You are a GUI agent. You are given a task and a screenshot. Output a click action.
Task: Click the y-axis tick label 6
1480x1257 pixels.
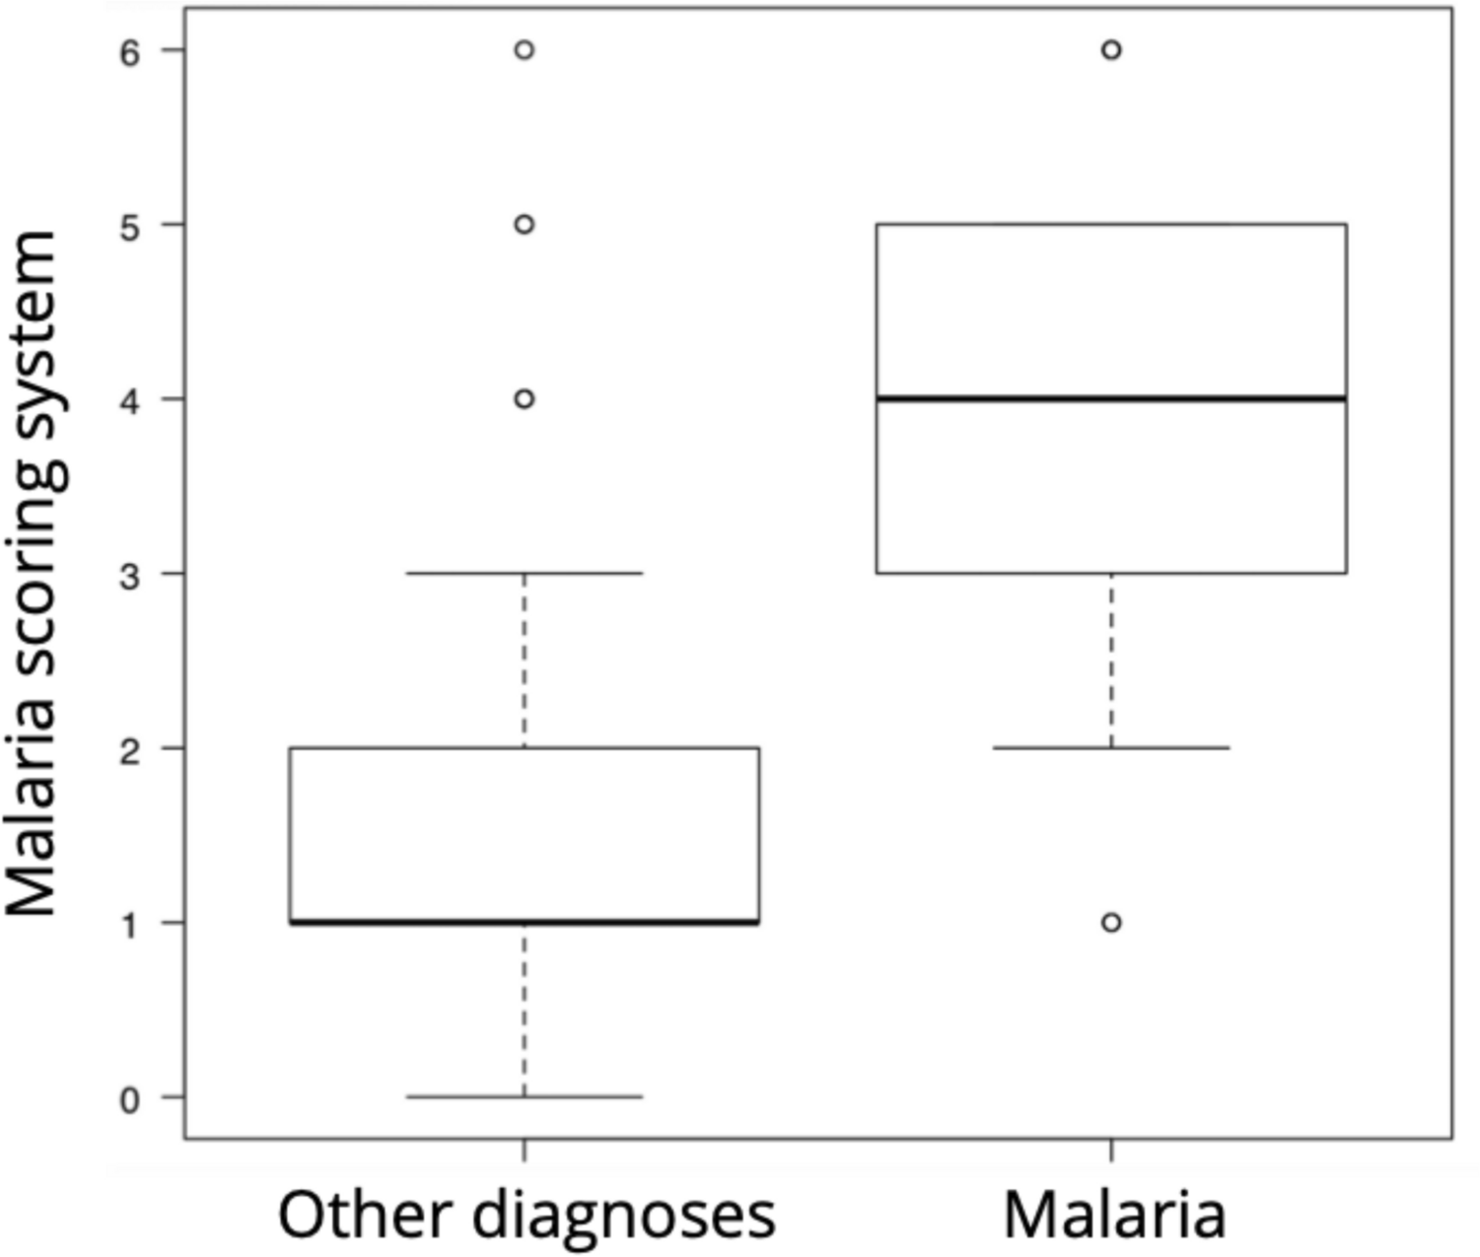[x=130, y=51]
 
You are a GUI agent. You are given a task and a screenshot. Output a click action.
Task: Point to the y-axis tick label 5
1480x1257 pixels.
[x=130, y=226]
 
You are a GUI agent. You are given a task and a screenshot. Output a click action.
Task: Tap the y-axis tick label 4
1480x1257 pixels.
[x=130, y=400]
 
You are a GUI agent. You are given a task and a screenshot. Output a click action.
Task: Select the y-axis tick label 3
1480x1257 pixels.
[x=130, y=575]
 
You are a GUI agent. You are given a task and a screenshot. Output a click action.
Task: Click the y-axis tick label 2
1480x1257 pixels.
[x=130, y=749]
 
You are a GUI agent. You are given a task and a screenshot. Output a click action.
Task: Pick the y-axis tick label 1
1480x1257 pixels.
[x=130, y=924]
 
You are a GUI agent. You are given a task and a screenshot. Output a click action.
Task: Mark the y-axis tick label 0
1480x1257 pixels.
[x=130, y=1098]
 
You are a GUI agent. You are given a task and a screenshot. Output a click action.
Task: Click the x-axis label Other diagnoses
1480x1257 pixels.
[x=527, y=1215]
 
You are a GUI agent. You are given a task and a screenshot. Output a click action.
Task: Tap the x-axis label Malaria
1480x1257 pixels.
[x=1114, y=1215]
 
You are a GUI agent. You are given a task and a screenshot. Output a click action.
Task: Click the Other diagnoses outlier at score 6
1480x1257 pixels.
[x=525, y=50]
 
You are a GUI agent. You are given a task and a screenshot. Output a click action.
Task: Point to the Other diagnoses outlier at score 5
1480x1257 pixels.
[x=525, y=225]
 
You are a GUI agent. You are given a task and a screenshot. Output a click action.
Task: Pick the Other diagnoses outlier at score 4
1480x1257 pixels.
[x=525, y=399]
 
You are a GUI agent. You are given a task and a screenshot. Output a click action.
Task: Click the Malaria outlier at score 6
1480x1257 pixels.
[x=1111, y=50]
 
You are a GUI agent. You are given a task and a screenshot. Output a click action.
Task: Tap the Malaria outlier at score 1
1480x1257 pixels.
[x=1111, y=923]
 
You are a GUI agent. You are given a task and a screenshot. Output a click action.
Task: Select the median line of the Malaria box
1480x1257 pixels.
[x=1111, y=398]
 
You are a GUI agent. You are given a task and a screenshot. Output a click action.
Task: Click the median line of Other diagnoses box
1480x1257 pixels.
[x=525, y=922]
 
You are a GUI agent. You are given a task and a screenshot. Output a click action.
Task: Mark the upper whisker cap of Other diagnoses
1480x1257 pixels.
[x=525, y=573]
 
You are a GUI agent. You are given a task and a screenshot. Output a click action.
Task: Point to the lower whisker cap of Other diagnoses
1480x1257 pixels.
[x=525, y=1096]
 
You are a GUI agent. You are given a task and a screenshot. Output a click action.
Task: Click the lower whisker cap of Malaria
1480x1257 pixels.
[x=1111, y=747]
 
